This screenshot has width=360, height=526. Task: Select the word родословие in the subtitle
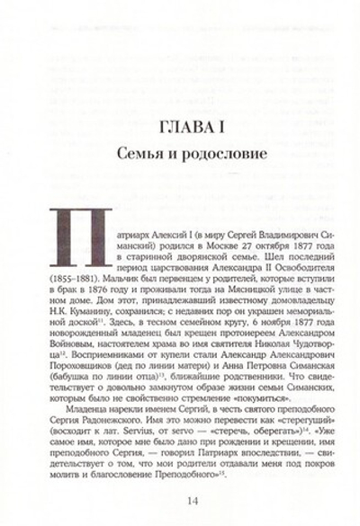(215, 154)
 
